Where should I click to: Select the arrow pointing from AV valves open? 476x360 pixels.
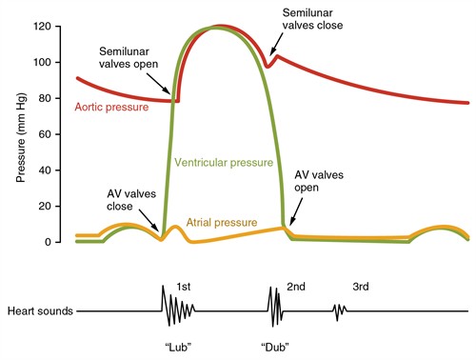click(x=293, y=213)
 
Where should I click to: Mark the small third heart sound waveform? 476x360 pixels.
click(x=339, y=310)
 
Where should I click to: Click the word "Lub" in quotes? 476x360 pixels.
click(x=177, y=344)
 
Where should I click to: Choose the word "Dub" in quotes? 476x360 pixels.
click(x=275, y=344)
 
